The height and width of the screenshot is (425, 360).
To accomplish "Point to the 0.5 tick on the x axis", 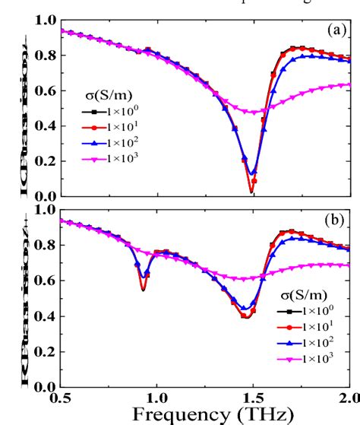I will (61, 396).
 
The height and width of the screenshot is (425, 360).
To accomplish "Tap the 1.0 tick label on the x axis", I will (156, 396).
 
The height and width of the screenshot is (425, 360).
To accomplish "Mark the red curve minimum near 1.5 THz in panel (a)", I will (251, 192).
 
